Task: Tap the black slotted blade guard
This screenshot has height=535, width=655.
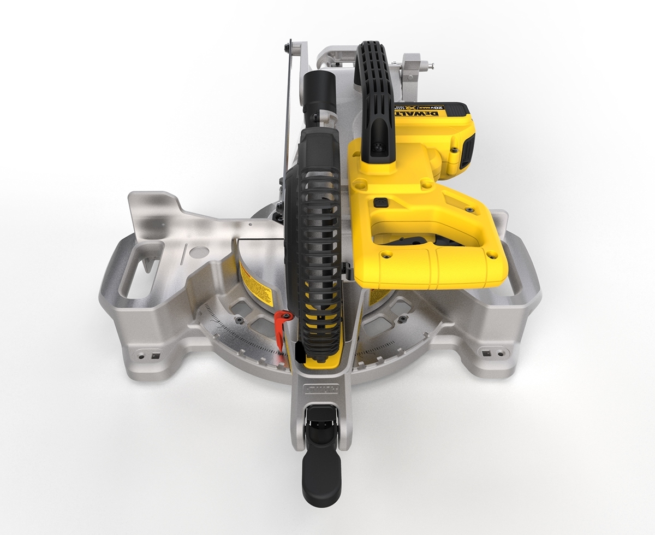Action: click(x=314, y=240)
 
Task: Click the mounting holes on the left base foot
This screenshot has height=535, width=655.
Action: click(x=148, y=355)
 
